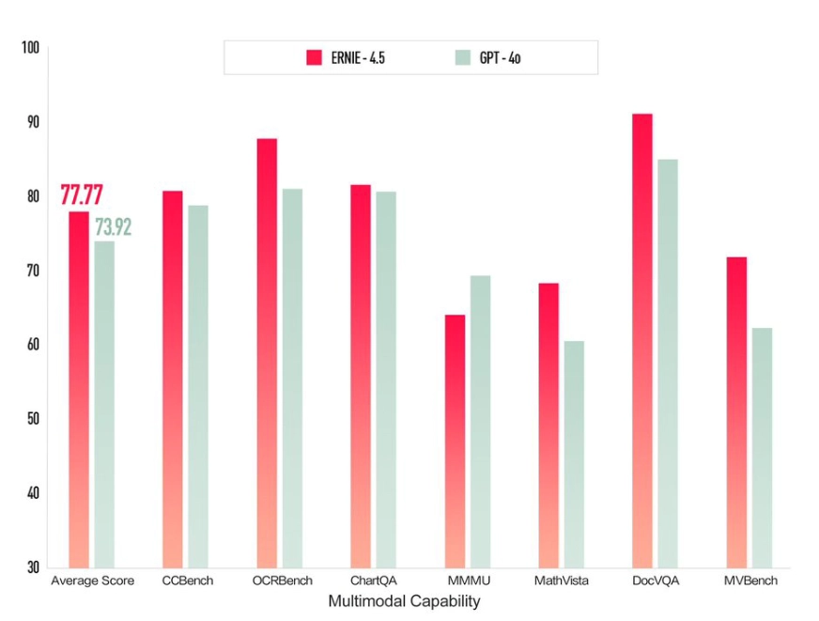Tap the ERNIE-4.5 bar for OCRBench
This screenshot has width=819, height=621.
pos(267,352)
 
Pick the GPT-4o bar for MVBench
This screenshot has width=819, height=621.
pos(762,447)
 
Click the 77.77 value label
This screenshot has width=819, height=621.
pos(82,195)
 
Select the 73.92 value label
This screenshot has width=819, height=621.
pos(113,226)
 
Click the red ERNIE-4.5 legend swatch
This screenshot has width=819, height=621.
pos(315,57)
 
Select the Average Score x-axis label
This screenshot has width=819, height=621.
pos(91,581)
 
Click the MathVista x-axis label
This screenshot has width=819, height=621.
pos(562,581)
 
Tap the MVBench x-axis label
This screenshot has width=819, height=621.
pos(749,581)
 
